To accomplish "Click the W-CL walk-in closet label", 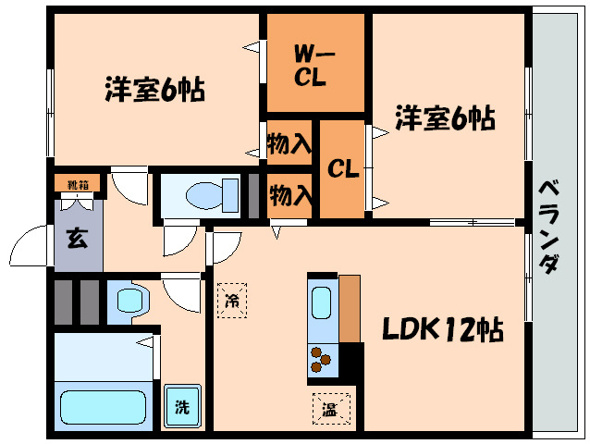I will pos(310,65).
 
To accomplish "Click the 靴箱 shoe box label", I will pos(71,183).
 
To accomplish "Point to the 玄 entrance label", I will pos(76,239).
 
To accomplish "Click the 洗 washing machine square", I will pos(182,406).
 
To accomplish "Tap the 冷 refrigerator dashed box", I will pos(231,299).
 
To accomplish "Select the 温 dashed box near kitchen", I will pos(329,404).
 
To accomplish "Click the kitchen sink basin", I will pos(322,304).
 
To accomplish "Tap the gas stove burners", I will pos(322,358).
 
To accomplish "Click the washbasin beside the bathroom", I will pos(129,299).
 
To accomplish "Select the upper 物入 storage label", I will pos(289,144).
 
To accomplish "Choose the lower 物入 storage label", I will pos(289,196).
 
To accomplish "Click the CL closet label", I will pos(342,169).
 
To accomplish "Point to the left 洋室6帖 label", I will pos(154,90).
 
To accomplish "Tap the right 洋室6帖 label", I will pos(445,118).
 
